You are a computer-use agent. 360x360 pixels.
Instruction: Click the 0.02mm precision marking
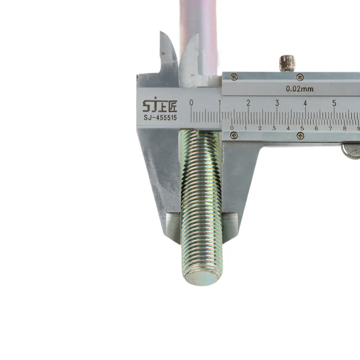click(300, 89)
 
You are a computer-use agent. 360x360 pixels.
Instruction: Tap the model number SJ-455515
click(160, 118)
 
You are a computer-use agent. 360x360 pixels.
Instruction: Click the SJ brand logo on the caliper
click(160, 105)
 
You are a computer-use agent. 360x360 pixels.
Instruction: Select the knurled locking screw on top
click(287, 63)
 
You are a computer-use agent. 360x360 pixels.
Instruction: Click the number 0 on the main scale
click(191, 103)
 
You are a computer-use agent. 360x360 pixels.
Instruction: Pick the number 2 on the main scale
click(248, 103)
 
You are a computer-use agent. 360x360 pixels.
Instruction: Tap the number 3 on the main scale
click(277, 103)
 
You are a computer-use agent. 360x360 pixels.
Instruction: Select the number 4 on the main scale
click(305, 103)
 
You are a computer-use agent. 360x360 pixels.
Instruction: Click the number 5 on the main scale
click(334, 103)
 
